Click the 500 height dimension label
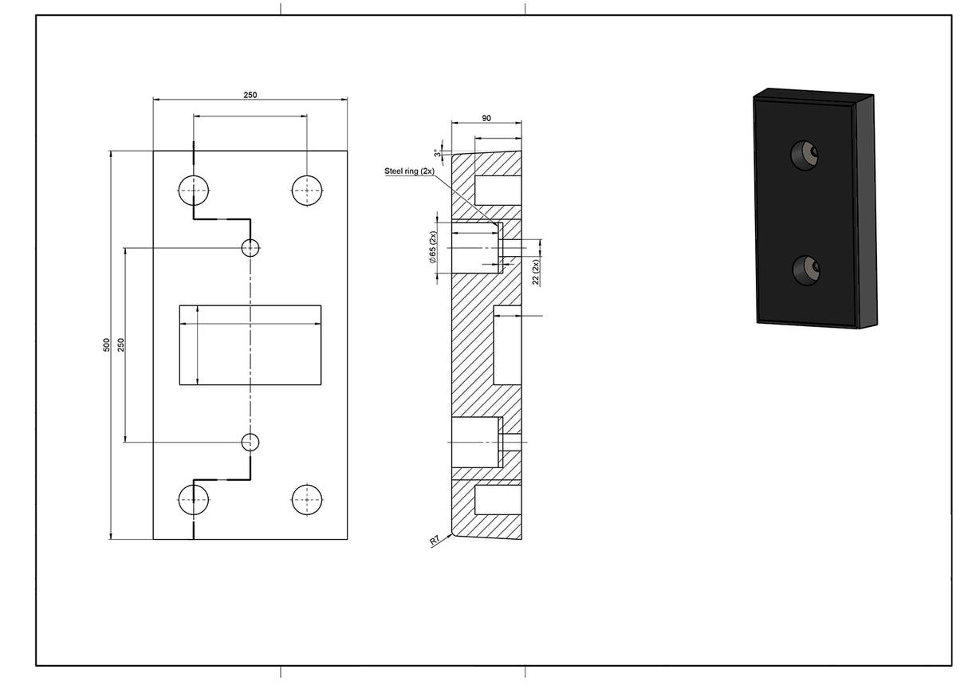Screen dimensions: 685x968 pyautogui.click(x=106, y=344)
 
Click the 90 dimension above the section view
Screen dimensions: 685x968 pyautogui.click(x=486, y=118)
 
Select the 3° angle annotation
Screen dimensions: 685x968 pyautogui.click(x=437, y=152)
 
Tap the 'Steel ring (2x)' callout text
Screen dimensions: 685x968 pyautogui.click(x=409, y=171)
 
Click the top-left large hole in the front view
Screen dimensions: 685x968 pyautogui.click(x=193, y=191)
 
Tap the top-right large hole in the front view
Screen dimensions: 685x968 pyautogui.click(x=307, y=191)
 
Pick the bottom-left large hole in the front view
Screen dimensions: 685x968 pyautogui.click(x=193, y=500)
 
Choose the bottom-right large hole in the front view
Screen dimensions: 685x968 pyautogui.click(x=307, y=500)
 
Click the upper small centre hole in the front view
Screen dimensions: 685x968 pyautogui.click(x=250, y=248)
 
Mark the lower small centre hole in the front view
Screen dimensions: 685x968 pyautogui.click(x=250, y=441)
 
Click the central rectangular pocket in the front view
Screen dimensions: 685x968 pyautogui.click(x=250, y=344)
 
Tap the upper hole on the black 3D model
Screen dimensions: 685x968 pyautogui.click(x=805, y=154)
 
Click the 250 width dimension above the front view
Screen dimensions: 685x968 pyautogui.click(x=250, y=95)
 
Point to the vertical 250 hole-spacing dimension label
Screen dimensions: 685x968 pyautogui.click(x=121, y=344)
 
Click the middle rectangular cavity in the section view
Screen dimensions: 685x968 pyautogui.click(x=507, y=344)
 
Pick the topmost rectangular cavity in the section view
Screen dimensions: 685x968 pyautogui.click(x=498, y=190)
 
